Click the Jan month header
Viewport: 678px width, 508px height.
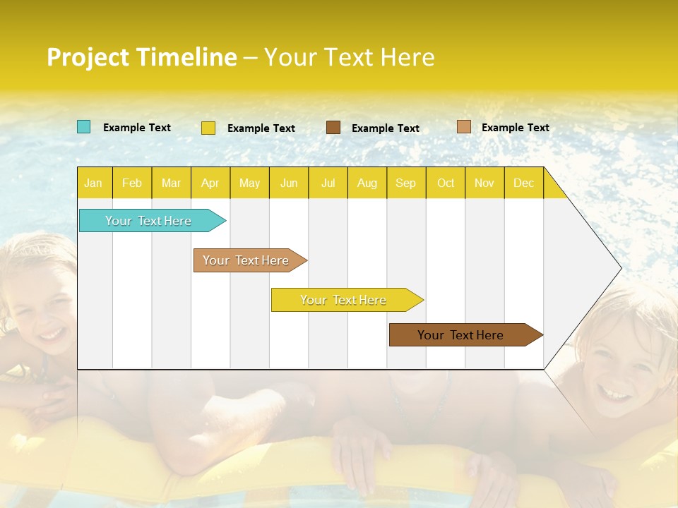click(93, 183)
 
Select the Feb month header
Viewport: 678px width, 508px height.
click(132, 183)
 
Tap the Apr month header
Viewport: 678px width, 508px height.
click(210, 183)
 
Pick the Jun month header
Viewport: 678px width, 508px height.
click(289, 183)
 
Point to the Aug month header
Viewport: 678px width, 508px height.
click(367, 183)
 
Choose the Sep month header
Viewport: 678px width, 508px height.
click(405, 183)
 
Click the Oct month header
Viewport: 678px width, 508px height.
click(446, 183)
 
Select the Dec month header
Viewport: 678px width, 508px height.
click(523, 183)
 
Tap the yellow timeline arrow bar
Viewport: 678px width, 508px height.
click(344, 300)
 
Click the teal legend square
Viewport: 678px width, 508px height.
click(84, 127)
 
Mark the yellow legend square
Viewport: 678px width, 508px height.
click(208, 128)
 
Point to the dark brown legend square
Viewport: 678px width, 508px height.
click(333, 127)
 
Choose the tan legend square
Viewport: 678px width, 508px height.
click(463, 127)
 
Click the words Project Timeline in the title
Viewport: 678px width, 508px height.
click(142, 57)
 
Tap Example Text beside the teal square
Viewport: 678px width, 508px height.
click(137, 128)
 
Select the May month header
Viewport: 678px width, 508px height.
click(249, 183)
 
